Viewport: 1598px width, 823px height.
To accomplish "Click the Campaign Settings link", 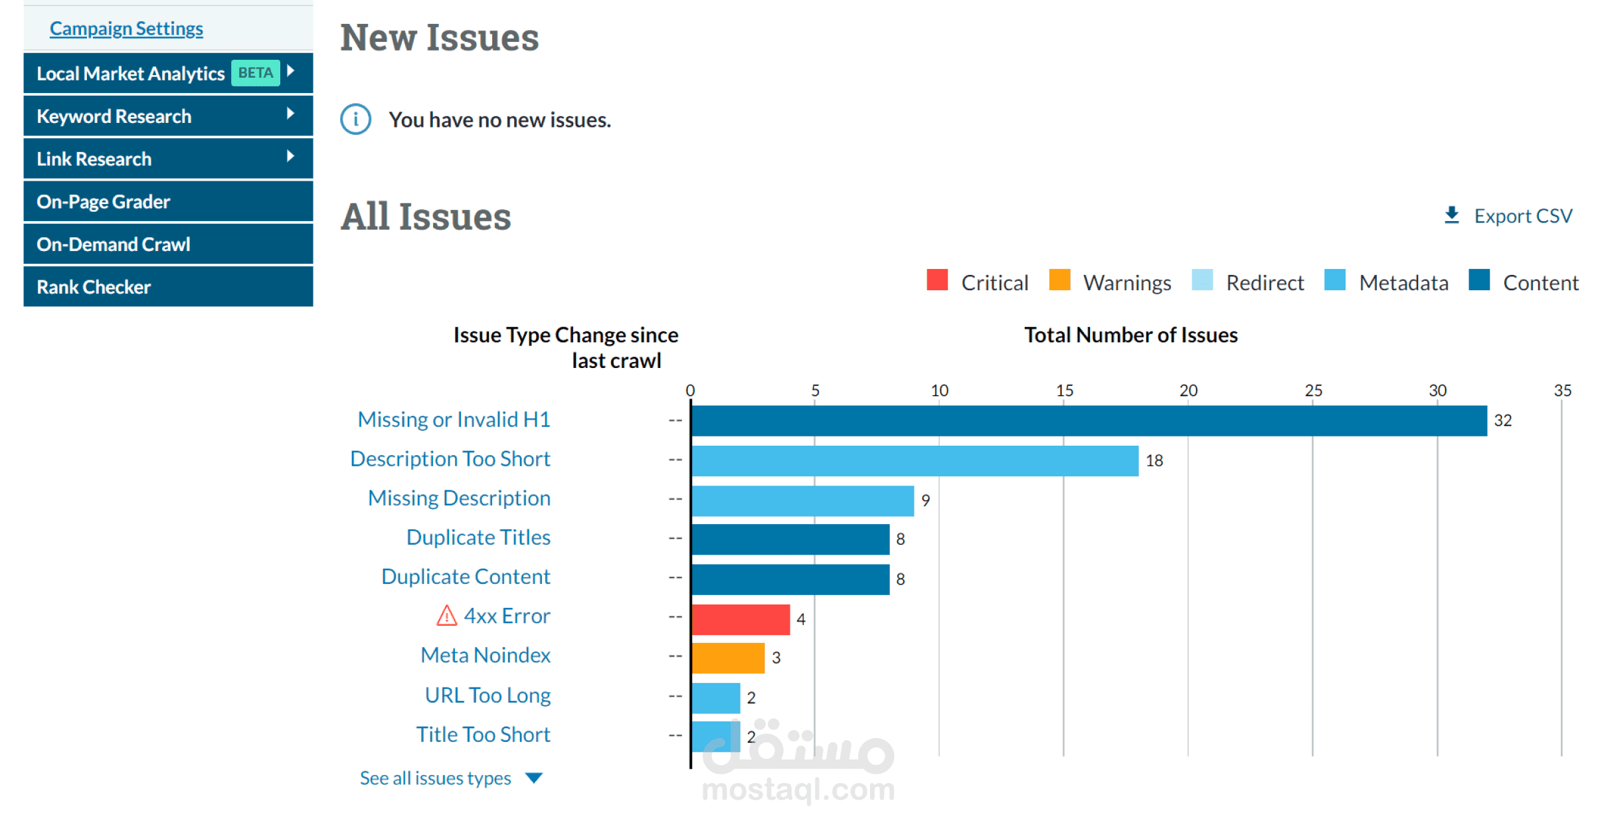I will tap(126, 29).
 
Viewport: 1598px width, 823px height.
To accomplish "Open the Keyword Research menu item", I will tap(114, 116).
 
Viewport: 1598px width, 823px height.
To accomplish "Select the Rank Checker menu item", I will tap(94, 287).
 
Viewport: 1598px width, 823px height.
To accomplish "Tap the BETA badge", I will tap(256, 73).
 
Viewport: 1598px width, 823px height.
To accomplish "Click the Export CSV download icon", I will tap(1452, 215).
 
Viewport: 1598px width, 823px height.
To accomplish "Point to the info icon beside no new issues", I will tap(356, 120).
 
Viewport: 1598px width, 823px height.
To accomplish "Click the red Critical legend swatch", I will tap(937, 280).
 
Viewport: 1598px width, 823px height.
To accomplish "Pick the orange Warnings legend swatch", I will tap(1059, 280).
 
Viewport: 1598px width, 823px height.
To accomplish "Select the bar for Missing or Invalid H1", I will tap(1089, 420).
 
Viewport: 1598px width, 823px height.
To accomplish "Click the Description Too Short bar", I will tap(915, 460).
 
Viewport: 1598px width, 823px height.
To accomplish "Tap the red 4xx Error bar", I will tap(741, 619).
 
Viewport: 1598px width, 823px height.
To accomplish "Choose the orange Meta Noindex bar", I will tap(728, 658).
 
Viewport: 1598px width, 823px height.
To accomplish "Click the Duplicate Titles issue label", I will tap(478, 537).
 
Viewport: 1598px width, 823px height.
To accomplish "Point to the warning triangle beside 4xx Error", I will tap(447, 616).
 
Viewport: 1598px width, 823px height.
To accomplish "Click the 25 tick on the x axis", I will tap(1313, 391).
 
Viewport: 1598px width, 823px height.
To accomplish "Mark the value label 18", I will tap(1154, 460).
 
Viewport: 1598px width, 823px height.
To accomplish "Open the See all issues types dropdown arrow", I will tap(534, 778).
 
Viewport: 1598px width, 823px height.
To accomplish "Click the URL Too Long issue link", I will tap(488, 695).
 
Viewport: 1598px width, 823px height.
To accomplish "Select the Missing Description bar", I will tap(802, 500).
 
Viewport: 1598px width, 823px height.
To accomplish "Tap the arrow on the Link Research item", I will tap(290, 157).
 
